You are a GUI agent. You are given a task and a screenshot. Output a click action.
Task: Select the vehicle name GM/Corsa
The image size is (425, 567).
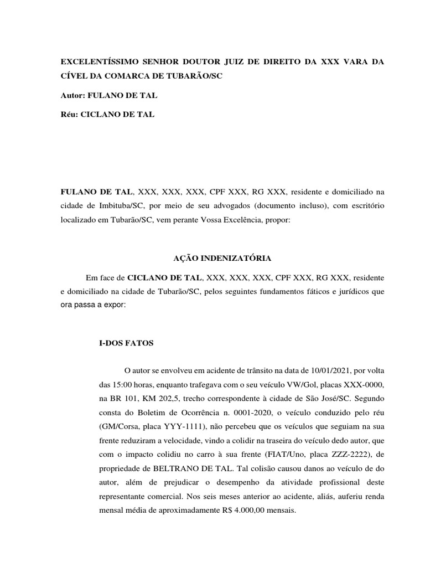[x=120, y=427]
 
